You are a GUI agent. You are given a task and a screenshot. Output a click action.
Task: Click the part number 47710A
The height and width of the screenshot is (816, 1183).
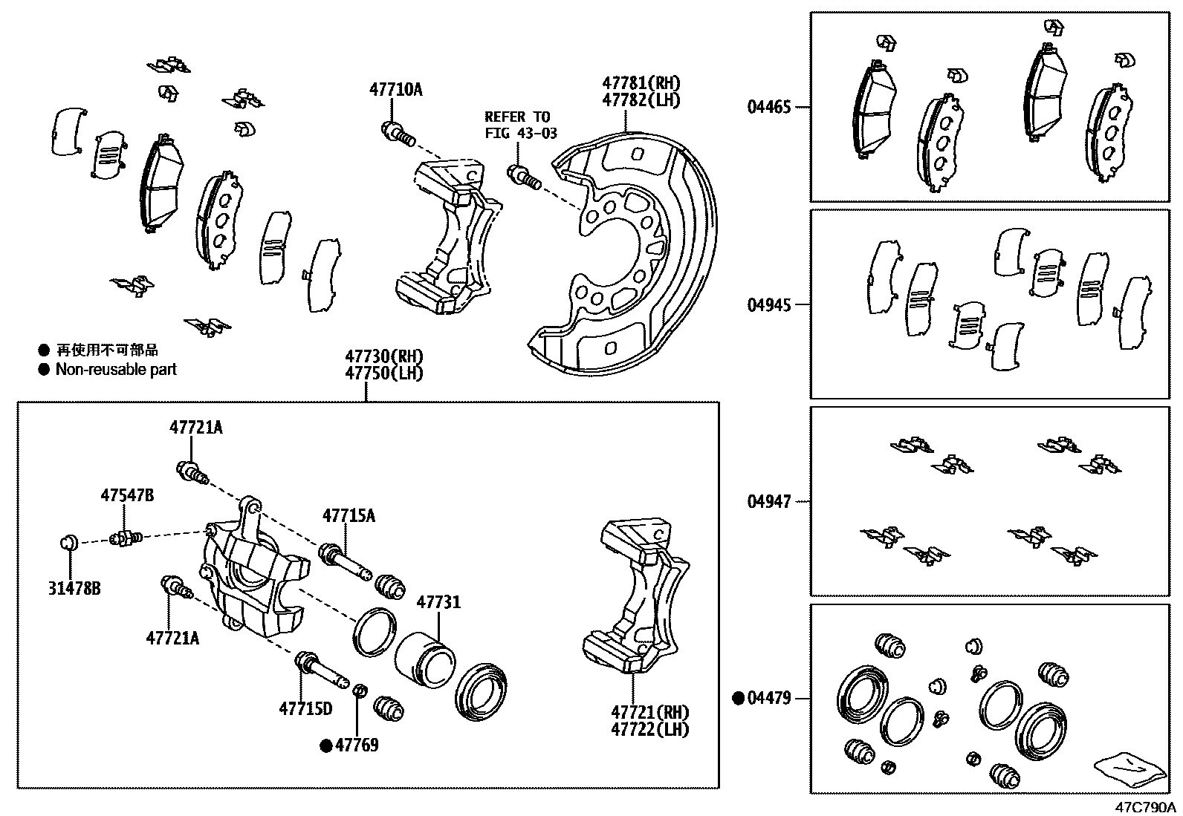coord(395,90)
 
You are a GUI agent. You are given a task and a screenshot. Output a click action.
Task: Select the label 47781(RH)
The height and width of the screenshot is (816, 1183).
coord(641,83)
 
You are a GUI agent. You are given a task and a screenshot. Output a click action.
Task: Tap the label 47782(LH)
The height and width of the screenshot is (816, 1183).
coord(641,100)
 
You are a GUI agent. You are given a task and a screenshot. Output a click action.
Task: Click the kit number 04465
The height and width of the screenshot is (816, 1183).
coord(769,107)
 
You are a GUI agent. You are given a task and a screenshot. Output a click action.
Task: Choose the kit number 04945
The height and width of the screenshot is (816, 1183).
coord(769,304)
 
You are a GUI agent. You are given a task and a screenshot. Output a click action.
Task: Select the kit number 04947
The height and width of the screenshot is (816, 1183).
coord(769,502)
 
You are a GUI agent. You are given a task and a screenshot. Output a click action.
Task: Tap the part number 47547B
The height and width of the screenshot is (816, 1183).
coord(128,495)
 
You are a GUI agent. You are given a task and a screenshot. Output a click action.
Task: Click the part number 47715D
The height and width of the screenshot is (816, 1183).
coord(305,709)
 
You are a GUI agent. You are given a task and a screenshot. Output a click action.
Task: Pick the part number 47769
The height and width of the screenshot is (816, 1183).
coord(357,745)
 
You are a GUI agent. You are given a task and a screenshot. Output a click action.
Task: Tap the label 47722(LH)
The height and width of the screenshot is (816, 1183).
coord(649,729)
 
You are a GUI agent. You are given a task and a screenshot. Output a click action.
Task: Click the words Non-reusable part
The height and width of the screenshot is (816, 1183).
coord(116,369)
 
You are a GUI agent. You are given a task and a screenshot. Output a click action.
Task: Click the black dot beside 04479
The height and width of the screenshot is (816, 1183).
coord(739,698)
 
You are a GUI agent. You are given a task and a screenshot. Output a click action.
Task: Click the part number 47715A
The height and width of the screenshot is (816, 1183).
coord(349,515)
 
